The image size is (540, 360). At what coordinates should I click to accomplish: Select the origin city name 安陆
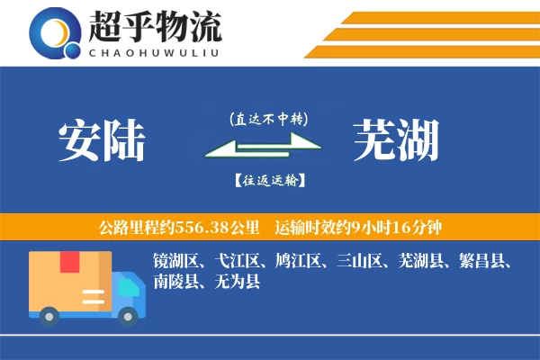pos(101,142)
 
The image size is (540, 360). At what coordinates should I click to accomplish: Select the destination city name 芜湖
pos(396,142)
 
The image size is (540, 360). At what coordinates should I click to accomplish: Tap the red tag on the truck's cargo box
pos(70,262)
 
